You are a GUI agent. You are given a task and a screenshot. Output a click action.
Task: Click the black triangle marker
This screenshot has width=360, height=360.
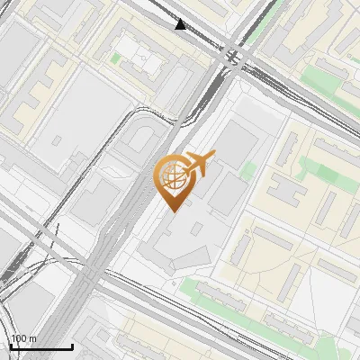coord(182,24)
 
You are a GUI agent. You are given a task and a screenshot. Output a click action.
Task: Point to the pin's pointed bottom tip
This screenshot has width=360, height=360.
coord(172,211)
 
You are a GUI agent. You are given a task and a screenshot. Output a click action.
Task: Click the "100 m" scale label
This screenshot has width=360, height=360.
coord(24,338)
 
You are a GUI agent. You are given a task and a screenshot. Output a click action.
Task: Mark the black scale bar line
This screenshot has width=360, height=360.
coord(40,346)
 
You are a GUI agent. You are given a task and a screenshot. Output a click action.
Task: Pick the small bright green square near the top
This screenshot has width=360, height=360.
coord(115,58)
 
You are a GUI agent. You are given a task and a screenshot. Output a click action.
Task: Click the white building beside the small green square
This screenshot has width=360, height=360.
coord(143,58)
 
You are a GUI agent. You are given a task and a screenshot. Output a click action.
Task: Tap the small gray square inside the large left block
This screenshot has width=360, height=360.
coord(57,140)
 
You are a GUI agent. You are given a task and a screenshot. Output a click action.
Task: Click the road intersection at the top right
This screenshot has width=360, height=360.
coord(236,54)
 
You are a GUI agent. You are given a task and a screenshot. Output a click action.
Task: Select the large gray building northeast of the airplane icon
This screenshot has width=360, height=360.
coord(236,143)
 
